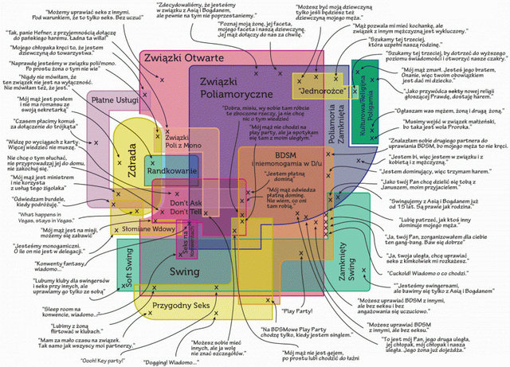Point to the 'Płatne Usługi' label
pyautogui.click(x=110, y=101)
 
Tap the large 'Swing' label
pyautogui.click(x=184, y=271)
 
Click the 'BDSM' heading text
pyautogui.click(x=284, y=154)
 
